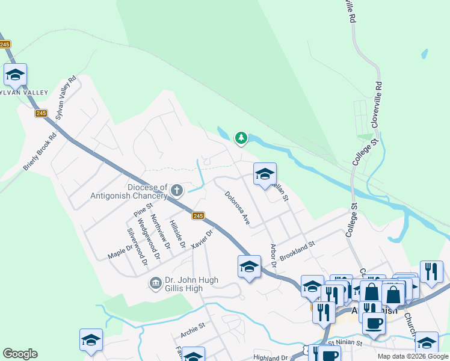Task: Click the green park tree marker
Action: pyautogui.click(x=241, y=138)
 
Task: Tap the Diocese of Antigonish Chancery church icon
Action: pyautogui.click(x=176, y=191)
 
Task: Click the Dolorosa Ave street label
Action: pyautogui.click(x=237, y=208)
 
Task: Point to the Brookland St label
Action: pyautogui.click(x=297, y=251)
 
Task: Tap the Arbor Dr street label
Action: pyautogui.click(x=273, y=256)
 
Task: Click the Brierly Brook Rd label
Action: pyautogui.click(x=40, y=151)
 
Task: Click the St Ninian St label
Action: pyautogui.click(x=341, y=343)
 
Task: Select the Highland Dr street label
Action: pyautogui.click(x=271, y=357)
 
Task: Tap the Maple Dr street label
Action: pyautogui.click(x=120, y=251)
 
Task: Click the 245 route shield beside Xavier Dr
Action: pyautogui.click(x=199, y=215)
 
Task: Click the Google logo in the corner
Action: pyautogui.click(x=20, y=354)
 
